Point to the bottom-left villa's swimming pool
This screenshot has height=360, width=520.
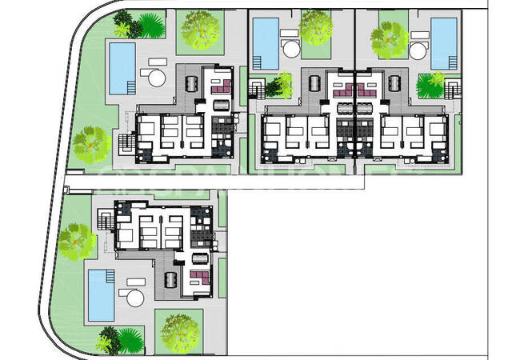(101, 294)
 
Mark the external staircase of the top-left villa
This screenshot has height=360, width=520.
(126, 145)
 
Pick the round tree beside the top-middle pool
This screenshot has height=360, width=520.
(315, 28)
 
